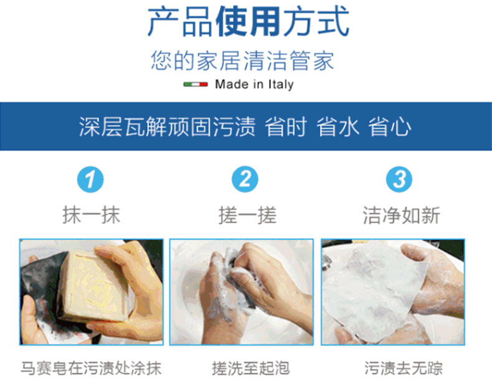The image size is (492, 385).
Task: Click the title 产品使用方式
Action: point(248,22)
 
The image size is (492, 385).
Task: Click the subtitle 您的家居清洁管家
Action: point(242,60)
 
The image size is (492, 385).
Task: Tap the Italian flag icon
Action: point(196,84)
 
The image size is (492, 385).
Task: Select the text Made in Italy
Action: point(255,84)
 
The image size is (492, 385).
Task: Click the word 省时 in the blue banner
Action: point(285,126)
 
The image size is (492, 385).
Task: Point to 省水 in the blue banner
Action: point(338,126)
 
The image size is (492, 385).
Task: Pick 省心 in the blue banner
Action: point(389,126)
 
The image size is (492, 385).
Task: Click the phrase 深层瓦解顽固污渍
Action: point(168,126)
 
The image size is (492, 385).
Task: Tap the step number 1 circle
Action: point(90,179)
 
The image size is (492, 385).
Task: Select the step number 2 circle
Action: point(245,179)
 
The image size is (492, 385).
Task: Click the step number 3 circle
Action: point(399,179)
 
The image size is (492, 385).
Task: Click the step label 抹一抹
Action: point(92,215)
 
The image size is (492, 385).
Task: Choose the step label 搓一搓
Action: point(248,215)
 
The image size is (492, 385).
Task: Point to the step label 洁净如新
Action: point(402,215)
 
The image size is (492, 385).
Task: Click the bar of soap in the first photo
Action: point(94,285)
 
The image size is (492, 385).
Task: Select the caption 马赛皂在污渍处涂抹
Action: point(91,368)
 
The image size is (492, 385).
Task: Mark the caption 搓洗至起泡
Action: point(250,368)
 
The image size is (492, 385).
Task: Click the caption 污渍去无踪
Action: point(404,368)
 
